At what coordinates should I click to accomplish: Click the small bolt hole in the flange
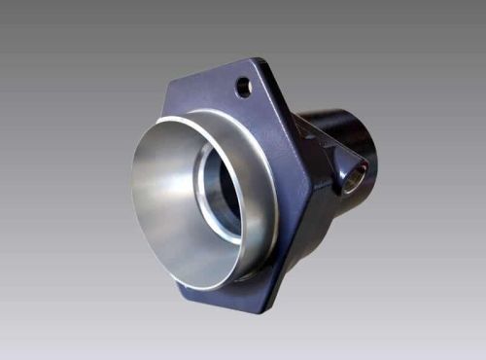243,88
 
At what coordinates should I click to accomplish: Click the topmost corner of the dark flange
259,60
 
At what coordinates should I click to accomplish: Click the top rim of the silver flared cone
209,115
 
